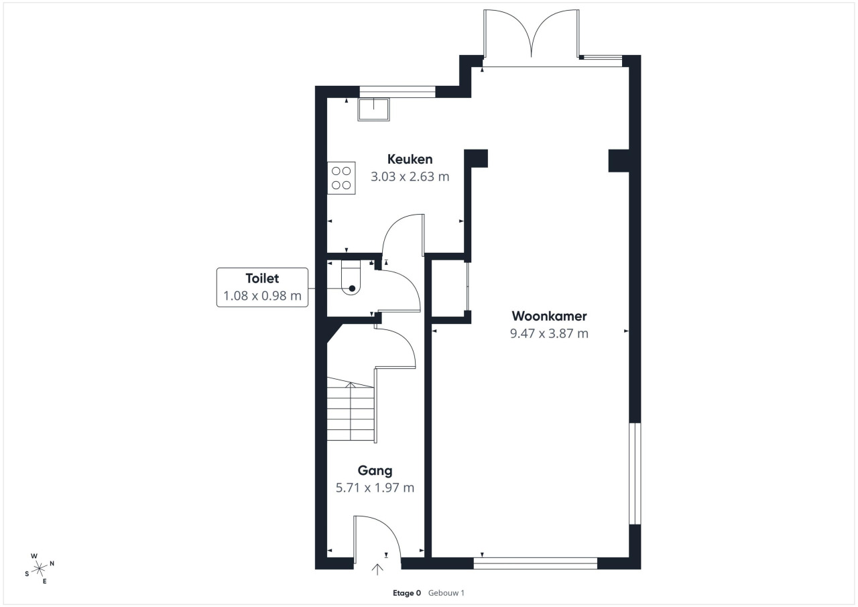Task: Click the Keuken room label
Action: [410, 160]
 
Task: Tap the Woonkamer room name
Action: [549, 316]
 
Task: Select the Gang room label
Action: [375, 471]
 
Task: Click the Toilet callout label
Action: [262, 278]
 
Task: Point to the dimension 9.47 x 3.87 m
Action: [549, 333]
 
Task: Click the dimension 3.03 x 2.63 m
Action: [410, 176]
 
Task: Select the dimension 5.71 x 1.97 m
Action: [375, 488]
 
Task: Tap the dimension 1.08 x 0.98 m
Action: [262, 296]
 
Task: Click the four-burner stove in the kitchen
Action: [341, 178]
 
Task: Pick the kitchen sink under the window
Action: [374, 109]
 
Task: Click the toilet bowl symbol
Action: [351, 278]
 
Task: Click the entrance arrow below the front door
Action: [377, 569]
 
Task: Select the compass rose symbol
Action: [39, 569]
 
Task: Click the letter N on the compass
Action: [52, 563]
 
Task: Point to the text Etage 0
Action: [407, 593]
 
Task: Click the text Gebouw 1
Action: [446, 593]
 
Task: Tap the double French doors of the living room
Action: [532, 34]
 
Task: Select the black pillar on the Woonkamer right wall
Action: [619, 160]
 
